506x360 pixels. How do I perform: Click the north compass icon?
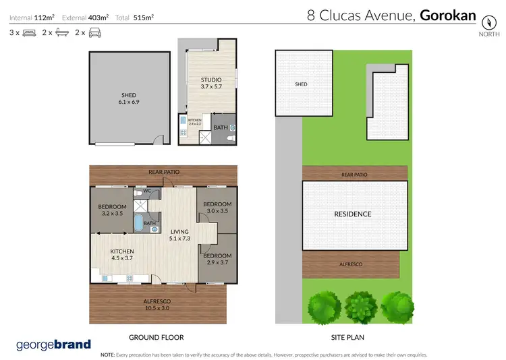[x=484, y=20]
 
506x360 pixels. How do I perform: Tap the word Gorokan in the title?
[x=448, y=15]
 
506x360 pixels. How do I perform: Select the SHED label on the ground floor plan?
[x=128, y=99]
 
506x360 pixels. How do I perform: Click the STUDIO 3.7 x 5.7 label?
[x=211, y=83]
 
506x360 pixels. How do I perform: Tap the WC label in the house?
[x=147, y=191]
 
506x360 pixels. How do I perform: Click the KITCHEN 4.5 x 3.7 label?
[x=123, y=255]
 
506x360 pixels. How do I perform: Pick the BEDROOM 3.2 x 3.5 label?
[x=113, y=210]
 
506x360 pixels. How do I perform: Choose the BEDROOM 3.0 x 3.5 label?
[x=218, y=208]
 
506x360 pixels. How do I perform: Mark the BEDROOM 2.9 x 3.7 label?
[x=218, y=259]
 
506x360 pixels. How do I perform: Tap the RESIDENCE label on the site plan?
[x=353, y=214]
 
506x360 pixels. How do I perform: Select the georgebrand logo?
[x=53, y=344]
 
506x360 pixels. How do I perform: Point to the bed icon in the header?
[x=29, y=32]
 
